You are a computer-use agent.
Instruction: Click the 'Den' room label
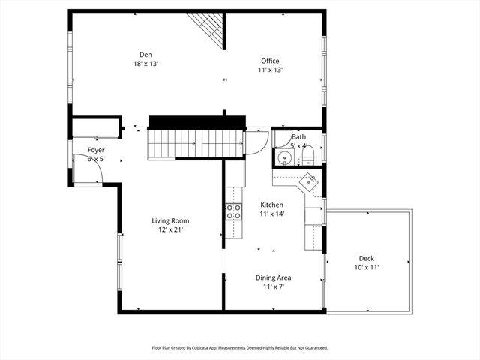pos(145,53)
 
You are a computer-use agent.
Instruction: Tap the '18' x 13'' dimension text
pos(145,63)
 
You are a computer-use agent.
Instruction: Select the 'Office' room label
pos(270,61)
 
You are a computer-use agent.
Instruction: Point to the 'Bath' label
pos(298,137)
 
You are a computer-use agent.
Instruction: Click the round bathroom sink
pos(284,158)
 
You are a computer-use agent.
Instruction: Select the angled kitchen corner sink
pos(309,181)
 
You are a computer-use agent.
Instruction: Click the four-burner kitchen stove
pos(234,211)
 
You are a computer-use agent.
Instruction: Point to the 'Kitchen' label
pos(271,205)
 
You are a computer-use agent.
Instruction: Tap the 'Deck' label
pos(366,258)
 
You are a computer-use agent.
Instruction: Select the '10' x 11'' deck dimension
pos(366,267)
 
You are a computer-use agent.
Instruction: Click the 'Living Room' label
pos(170,220)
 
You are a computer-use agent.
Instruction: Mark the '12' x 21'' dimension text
pos(170,230)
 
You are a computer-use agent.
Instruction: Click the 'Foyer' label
pos(96,150)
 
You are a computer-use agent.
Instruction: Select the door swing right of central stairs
pos(257,142)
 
